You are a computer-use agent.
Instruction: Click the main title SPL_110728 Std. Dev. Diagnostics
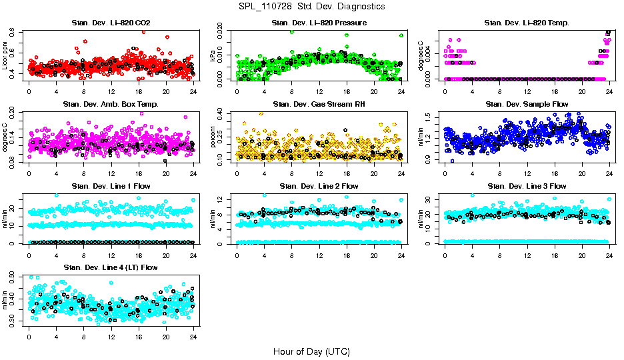coord(311,6)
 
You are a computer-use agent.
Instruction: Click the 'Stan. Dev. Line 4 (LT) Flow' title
coord(111,267)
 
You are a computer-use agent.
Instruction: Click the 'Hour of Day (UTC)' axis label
coord(311,351)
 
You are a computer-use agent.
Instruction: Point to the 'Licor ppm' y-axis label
coord(6,55)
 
